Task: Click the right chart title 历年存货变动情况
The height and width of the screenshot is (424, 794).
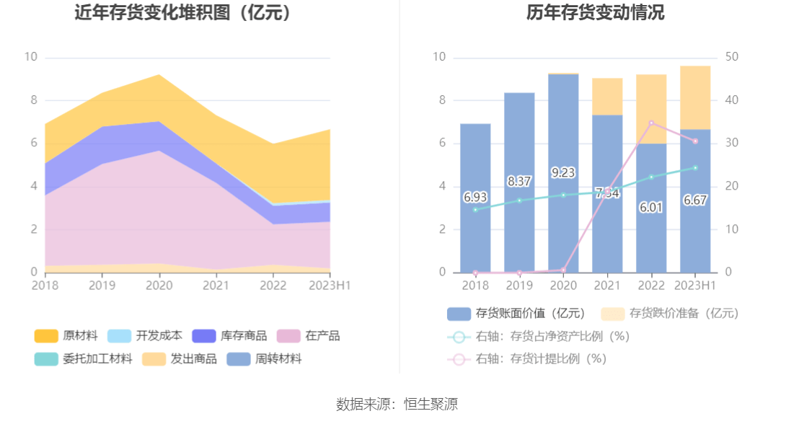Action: [x=595, y=12]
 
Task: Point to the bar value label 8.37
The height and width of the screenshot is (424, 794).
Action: [x=519, y=182]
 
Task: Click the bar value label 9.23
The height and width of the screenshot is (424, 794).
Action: [x=563, y=172]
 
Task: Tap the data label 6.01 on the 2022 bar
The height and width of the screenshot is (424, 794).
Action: [x=651, y=207]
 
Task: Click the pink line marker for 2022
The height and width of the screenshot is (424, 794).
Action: [x=651, y=123]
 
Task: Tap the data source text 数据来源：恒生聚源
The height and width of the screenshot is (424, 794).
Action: [x=397, y=405]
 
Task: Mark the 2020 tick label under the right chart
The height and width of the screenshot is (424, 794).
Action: [x=563, y=286]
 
